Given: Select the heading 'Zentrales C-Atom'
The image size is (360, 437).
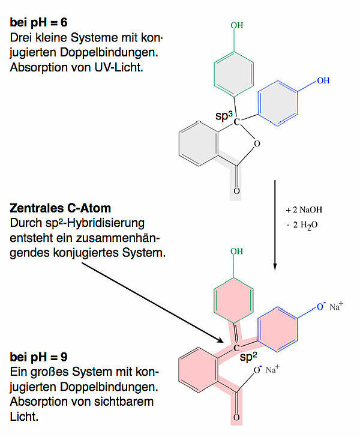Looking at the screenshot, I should (x=61, y=209).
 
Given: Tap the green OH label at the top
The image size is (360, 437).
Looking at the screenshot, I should (x=237, y=26).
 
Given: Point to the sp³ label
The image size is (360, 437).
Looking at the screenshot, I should (x=224, y=114).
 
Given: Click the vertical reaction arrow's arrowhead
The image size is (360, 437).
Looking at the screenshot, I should (x=275, y=268).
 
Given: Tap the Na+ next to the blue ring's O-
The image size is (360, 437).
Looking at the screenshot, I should (x=337, y=307).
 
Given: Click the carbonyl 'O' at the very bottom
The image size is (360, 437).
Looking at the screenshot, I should (x=236, y=417).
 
